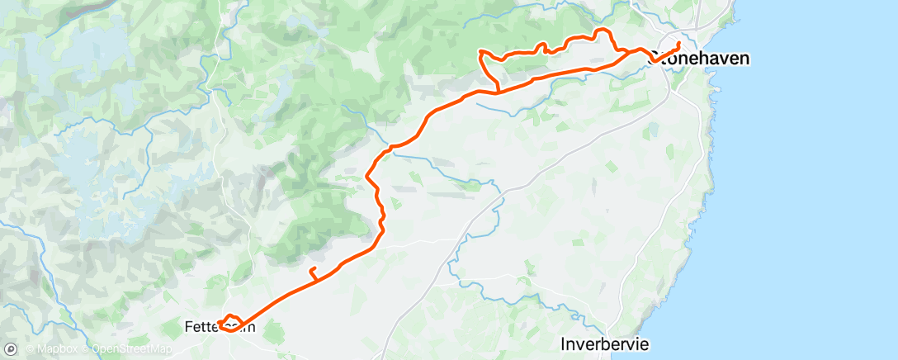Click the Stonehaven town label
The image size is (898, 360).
coord(700,58)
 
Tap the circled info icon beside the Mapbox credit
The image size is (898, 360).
coord(10,349)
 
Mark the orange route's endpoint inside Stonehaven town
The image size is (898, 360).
coord(678,43)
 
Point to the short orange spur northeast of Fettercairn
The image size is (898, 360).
coord(312,272)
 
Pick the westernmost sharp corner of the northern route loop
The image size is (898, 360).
coord(480,52)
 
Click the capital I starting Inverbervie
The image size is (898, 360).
coord(565,343)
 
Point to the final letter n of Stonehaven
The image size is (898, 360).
coord(744,58)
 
